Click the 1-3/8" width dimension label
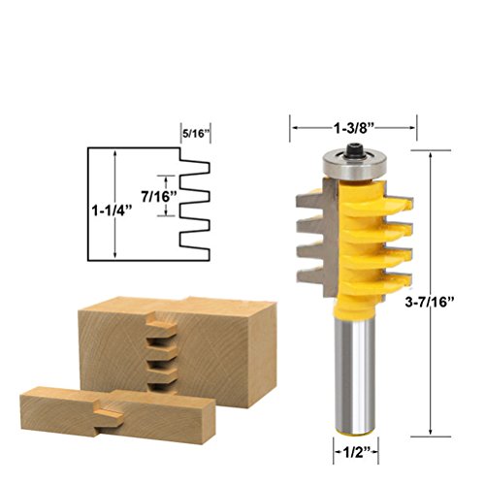click(x=354, y=128)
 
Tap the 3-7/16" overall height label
click(x=430, y=302)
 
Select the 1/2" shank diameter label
click(x=356, y=453)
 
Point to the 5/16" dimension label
click(x=195, y=134)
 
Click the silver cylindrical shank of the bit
click(x=354, y=374)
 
